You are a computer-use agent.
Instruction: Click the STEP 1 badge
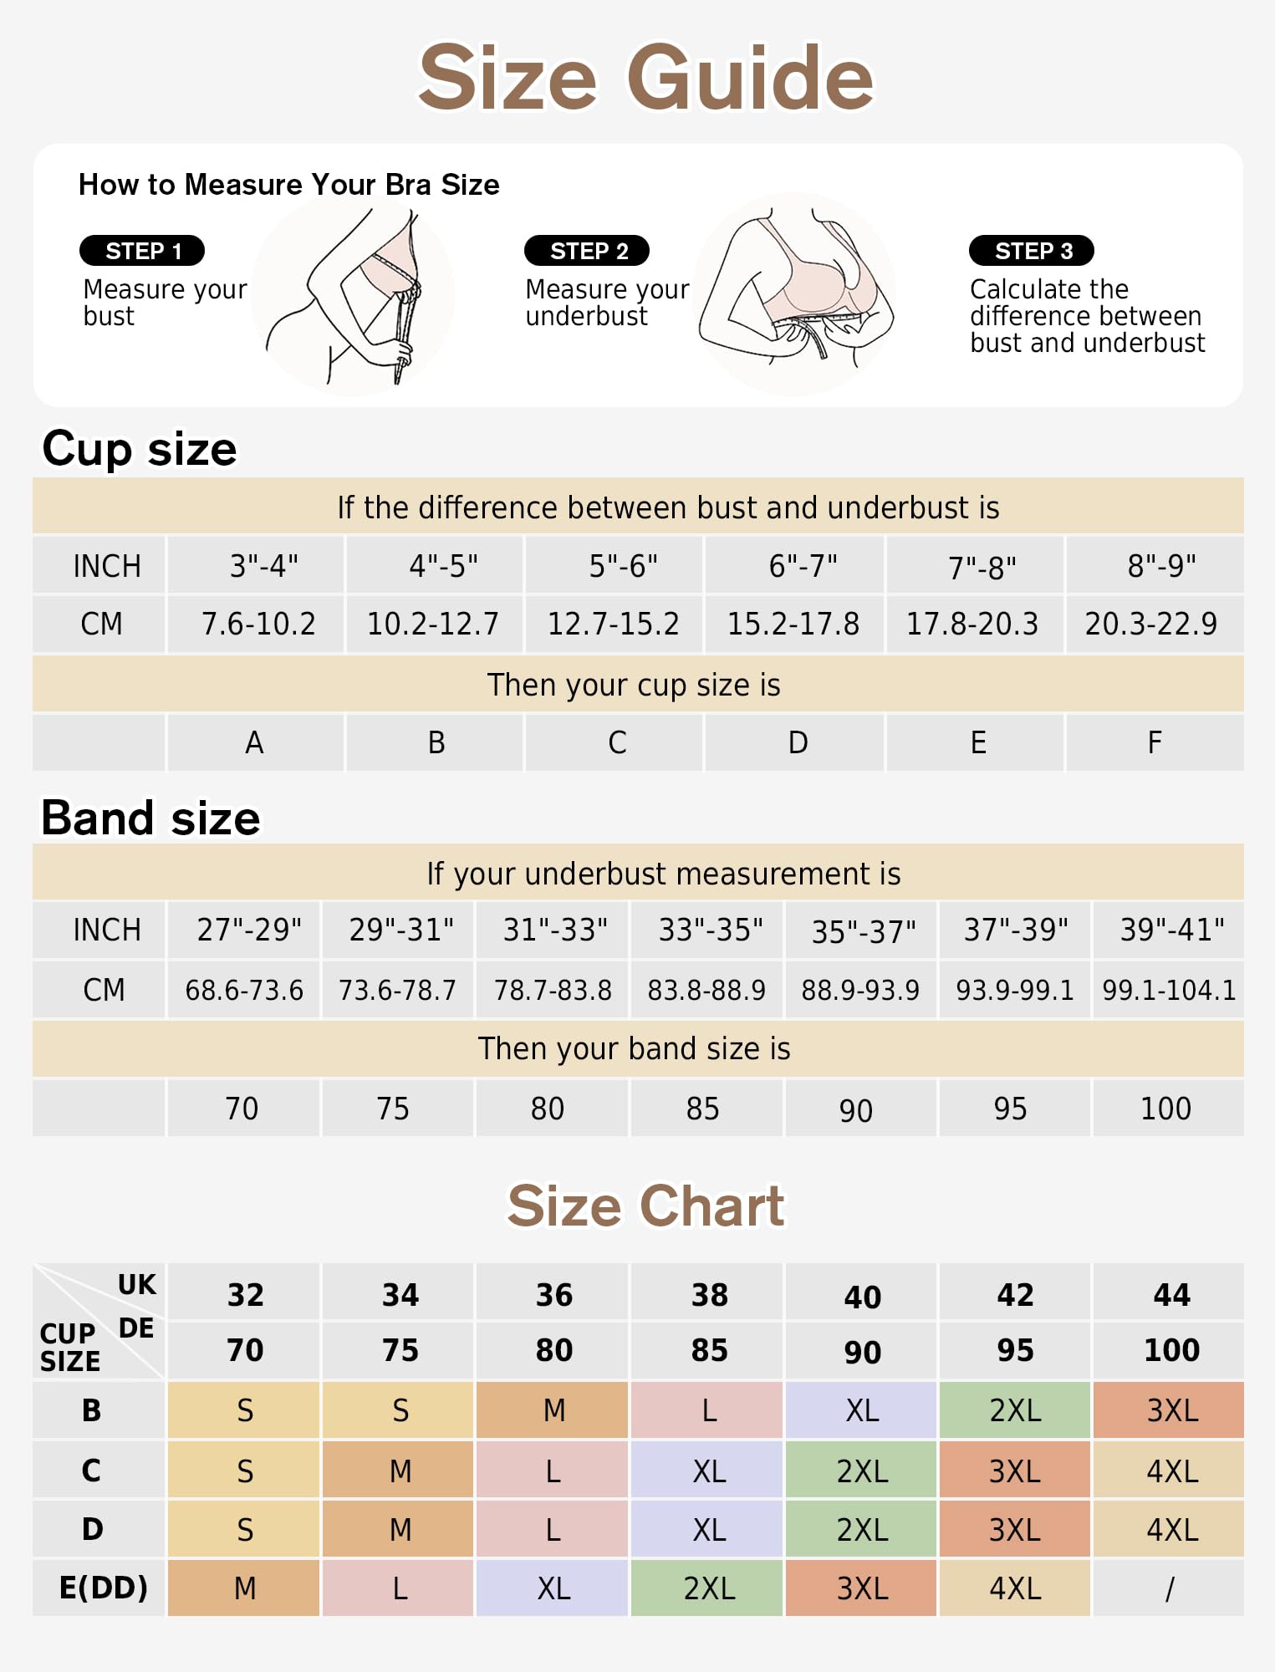[142, 251]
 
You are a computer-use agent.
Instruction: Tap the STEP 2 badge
[587, 251]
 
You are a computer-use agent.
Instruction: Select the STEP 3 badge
[1032, 251]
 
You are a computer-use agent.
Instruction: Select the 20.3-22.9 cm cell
[1155, 624]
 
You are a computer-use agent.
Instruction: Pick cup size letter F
[1155, 742]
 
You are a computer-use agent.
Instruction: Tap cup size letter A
[255, 742]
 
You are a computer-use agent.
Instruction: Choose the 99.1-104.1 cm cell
[1168, 990]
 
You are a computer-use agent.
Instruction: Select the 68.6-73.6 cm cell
[243, 990]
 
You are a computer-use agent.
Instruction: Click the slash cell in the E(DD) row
[1168, 1588]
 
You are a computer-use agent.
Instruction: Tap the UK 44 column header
[1170, 1294]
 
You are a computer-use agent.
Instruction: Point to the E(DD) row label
[103, 1588]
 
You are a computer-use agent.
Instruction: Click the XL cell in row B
[861, 1410]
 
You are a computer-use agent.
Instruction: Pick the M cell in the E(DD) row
[243, 1588]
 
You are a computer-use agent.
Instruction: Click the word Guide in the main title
[750, 78]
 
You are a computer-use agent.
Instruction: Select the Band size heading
[150, 818]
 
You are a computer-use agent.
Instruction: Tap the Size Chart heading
[645, 1206]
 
